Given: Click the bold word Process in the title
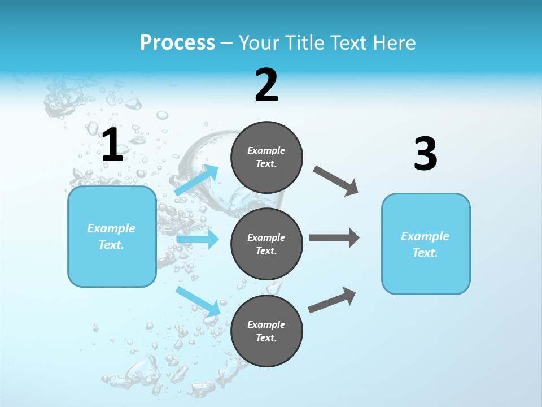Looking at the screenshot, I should (177, 43).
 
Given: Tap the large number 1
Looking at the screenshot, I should (112, 145).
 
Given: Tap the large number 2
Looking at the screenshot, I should (266, 85).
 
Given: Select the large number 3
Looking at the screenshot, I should (425, 154).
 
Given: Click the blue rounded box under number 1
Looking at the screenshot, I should (112, 236).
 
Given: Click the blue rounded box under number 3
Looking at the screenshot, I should (426, 244).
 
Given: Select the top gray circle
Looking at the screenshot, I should (266, 157).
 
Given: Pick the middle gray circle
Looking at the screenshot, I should (266, 244).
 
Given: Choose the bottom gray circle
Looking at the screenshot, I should (266, 331).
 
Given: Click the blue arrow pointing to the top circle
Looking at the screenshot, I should (197, 180).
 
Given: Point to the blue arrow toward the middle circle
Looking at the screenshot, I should (198, 239).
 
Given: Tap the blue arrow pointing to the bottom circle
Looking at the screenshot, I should (198, 301).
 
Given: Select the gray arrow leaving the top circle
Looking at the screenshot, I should (336, 181).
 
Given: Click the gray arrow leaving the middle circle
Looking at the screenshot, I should (334, 238).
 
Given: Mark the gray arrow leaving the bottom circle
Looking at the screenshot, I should (332, 300).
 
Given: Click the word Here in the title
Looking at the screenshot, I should (395, 43).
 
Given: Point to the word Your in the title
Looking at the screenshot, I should (259, 43).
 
